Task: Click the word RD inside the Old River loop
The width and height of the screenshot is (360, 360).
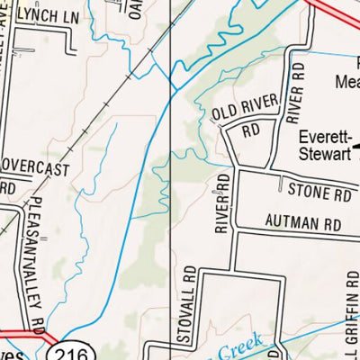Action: tap(250, 130)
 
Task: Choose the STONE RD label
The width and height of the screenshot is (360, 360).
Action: tap(319, 191)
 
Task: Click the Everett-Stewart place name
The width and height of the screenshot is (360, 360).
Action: tap(329, 147)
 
